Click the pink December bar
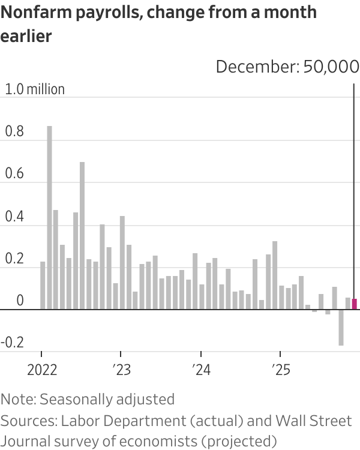pyautogui.click(x=355, y=304)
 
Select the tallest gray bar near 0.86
pyautogui.click(x=49, y=218)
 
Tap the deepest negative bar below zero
pyautogui.click(x=341, y=328)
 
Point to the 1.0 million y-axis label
pyautogui.click(x=35, y=89)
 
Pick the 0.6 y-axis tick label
pyautogui.click(x=14, y=175)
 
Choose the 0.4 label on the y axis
pyautogui.click(x=14, y=217)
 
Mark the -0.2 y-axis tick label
pyautogui.click(x=13, y=344)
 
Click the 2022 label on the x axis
pyautogui.click(x=42, y=369)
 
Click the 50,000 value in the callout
pyautogui.click(x=331, y=66)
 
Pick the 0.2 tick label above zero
pyautogui.click(x=14, y=260)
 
